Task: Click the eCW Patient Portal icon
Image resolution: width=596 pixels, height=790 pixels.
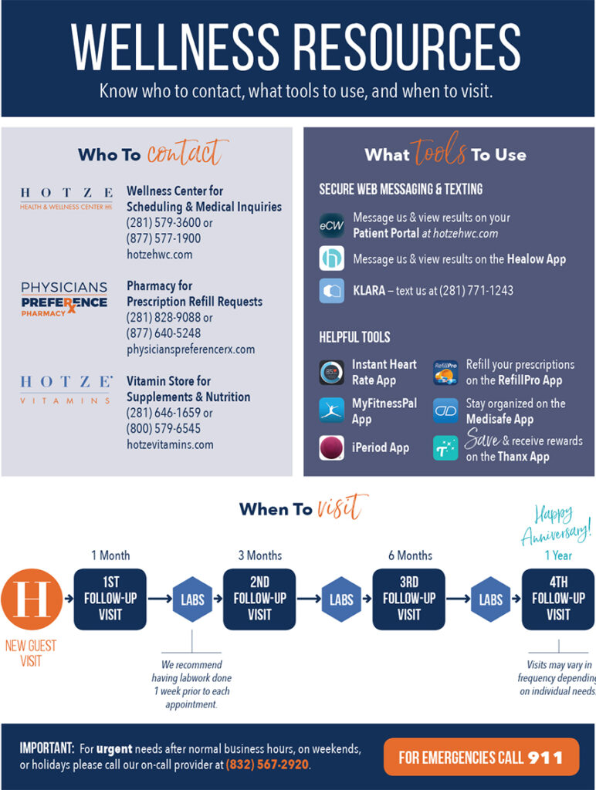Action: pyautogui.click(x=331, y=226)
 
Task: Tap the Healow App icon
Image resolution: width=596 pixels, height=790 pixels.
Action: pyautogui.click(x=331, y=258)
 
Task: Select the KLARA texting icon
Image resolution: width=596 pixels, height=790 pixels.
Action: pyautogui.click(x=331, y=291)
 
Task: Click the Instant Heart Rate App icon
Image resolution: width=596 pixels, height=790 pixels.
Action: pyautogui.click(x=331, y=373)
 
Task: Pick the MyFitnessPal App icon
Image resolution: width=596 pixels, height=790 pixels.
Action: pyautogui.click(x=331, y=410)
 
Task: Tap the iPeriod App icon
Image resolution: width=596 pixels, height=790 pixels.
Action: pyautogui.click(x=331, y=447)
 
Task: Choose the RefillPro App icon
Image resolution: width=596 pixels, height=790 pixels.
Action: pyautogui.click(x=445, y=373)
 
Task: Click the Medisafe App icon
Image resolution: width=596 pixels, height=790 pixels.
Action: pyautogui.click(x=445, y=410)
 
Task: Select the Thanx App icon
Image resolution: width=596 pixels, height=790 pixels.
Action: pyautogui.click(x=445, y=447)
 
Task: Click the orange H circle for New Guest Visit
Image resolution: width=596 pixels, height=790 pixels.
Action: pyautogui.click(x=30, y=599)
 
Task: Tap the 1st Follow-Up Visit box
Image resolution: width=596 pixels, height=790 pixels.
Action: pyautogui.click(x=110, y=599)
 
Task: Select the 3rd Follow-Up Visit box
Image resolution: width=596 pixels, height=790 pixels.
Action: pyautogui.click(x=408, y=599)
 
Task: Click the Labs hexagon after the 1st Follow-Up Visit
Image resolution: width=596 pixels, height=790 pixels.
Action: pyautogui.click(x=192, y=599)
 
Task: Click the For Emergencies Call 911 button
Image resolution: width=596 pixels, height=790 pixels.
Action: pyautogui.click(x=480, y=757)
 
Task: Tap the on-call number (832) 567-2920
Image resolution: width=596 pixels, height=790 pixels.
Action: pyautogui.click(x=267, y=765)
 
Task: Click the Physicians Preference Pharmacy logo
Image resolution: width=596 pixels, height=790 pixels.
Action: pyautogui.click(x=64, y=300)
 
